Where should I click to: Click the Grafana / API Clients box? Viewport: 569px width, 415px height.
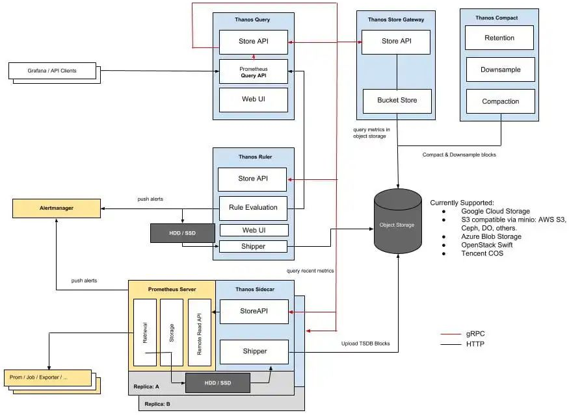pyautogui.click(x=52, y=70)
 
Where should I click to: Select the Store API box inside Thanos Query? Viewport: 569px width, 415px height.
pyautogui.click(x=253, y=42)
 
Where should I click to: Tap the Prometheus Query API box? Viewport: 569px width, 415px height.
pyautogui.click(x=253, y=71)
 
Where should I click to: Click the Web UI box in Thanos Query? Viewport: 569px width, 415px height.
pyautogui.click(x=253, y=99)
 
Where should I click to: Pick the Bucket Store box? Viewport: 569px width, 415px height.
pyautogui.click(x=397, y=100)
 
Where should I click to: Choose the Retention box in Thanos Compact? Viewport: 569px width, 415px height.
pyautogui.click(x=499, y=38)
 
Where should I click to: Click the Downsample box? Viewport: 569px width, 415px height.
pyautogui.click(x=499, y=69)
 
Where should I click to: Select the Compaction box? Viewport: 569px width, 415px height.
pyautogui.click(x=499, y=101)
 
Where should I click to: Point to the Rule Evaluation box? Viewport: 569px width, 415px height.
pyautogui.click(x=253, y=207)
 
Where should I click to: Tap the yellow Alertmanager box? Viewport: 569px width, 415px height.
pyautogui.click(x=56, y=208)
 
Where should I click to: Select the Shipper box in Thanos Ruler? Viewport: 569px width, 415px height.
pyautogui.click(x=253, y=246)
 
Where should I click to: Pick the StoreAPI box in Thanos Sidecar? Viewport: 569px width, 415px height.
pyautogui.click(x=254, y=311)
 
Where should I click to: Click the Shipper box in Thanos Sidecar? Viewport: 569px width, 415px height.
pyautogui.click(x=254, y=351)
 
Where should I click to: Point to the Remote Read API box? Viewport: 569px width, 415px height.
pyautogui.click(x=200, y=332)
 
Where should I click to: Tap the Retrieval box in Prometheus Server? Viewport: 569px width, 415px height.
pyautogui.click(x=144, y=332)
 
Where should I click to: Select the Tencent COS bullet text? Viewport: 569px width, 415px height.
pyautogui.click(x=482, y=253)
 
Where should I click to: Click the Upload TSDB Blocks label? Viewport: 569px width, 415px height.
pyautogui.click(x=365, y=343)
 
